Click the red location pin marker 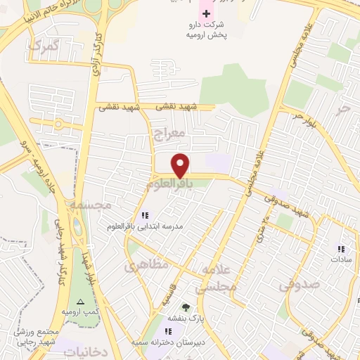[x=181, y=165]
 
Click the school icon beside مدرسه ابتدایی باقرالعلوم [x=145, y=215]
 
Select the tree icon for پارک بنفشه [x=186, y=307]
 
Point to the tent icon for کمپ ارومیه [x=79, y=301]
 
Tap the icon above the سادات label [x=341, y=248]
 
